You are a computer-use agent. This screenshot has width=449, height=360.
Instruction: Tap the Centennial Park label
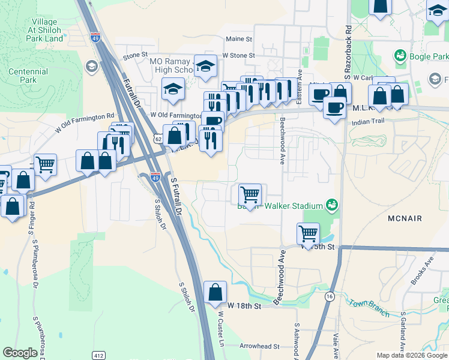pos(28,76)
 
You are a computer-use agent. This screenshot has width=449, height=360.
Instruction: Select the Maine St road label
pos(239,39)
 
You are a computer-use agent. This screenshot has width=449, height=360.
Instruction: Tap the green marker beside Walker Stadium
pos(330,205)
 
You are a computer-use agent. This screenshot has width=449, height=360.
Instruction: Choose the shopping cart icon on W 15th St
pos(308,233)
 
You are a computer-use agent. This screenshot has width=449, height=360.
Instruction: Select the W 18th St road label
pos(245,306)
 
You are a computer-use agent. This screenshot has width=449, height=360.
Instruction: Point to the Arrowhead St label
pos(260,346)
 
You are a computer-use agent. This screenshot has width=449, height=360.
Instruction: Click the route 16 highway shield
pos(330,296)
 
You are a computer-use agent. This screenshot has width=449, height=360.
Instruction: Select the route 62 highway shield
pos(158,139)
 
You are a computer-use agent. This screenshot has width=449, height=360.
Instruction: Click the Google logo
pos(20,353)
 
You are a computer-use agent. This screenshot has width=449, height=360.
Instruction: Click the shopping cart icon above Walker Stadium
pos(249,194)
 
